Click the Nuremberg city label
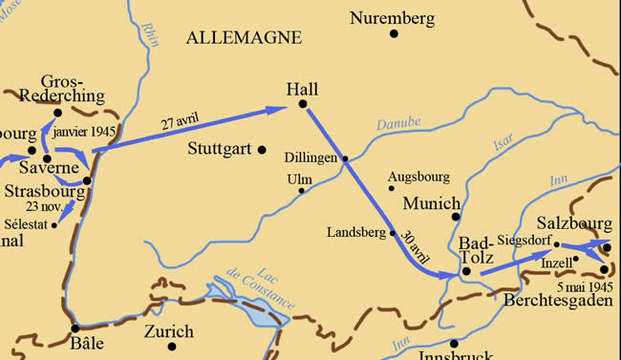[392, 18]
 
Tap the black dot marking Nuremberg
[394, 34]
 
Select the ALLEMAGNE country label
[244, 37]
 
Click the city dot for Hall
[302, 103]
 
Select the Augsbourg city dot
[392, 188]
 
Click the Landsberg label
[355, 231]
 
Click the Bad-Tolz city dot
[466, 271]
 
